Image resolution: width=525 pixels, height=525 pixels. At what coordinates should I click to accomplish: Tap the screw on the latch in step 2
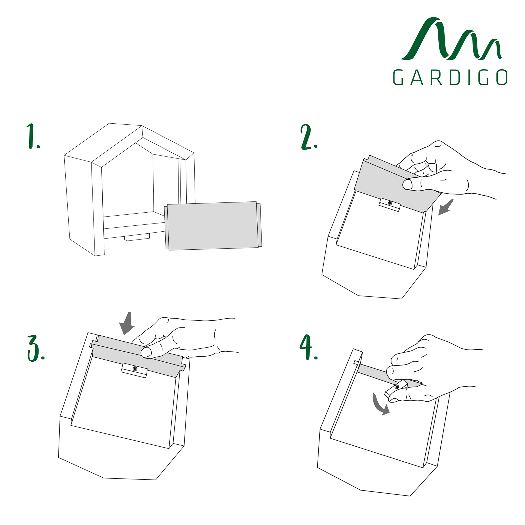click(x=390, y=203)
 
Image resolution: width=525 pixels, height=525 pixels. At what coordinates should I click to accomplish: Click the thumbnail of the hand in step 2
click(x=407, y=184)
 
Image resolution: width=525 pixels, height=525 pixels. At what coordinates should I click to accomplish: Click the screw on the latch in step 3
click(x=135, y=369)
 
